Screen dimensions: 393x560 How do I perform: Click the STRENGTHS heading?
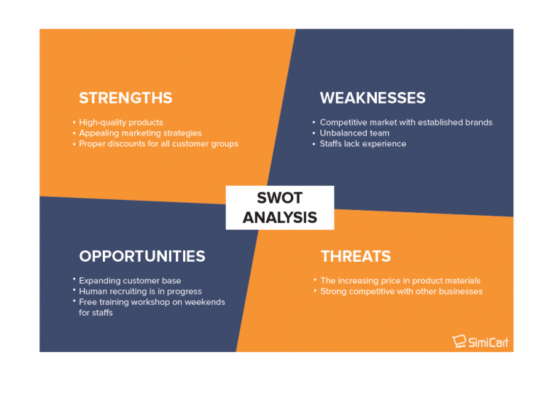[x=125, y=98]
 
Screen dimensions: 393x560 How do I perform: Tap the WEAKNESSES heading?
[x=372, y=98]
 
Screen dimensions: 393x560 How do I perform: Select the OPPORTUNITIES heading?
[x=141, y=256]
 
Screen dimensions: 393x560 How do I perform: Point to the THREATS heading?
[x=355, y=256]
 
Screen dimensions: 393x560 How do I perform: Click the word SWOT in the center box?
[x=279, y=198]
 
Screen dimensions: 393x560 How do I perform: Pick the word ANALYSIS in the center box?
[x=279, y=217]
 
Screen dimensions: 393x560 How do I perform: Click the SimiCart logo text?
[x=489, y=341]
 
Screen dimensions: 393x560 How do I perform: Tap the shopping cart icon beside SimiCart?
[x=459, y=341]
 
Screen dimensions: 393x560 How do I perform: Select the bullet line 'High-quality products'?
[x=121, y=122]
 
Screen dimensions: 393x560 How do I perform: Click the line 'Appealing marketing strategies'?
[x=140, y=133]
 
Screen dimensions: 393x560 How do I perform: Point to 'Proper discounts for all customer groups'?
[x=158, y=144]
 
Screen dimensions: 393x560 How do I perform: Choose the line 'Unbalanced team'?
[x=354, y=133]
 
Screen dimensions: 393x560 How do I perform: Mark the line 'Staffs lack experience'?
[x=362, y=144]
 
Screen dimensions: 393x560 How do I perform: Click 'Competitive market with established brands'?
[x=405, y=122]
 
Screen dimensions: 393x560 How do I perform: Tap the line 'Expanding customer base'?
[x=130, y=281]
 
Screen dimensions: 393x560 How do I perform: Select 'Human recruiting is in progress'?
[x=141, y=292]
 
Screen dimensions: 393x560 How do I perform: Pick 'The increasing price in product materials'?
[x=400, y=281]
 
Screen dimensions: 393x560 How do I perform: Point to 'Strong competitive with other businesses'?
[x=401, y=292]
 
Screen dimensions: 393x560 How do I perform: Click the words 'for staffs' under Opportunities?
[x=96, y=313]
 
